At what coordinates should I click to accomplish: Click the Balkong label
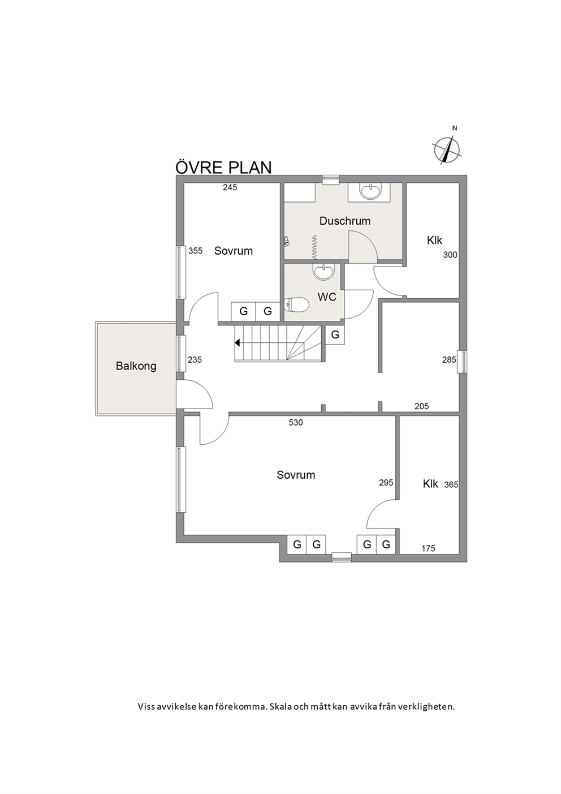(136, 366)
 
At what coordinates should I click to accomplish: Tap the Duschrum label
(345, 221)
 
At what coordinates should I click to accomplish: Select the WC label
(327, 297)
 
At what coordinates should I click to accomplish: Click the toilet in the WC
(297, 305)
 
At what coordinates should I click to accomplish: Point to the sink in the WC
(323, 273)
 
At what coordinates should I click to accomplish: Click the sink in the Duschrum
(370, 192)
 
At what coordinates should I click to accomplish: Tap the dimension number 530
(296, 423)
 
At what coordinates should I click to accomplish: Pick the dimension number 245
(230, 187)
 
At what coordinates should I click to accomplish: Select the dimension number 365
(451, 484)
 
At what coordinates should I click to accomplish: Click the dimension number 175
(428, 549)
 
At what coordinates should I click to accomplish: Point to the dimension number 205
(421, 406)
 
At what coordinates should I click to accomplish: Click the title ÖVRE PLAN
(224, 168)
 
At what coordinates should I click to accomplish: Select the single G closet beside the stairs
(335, 334)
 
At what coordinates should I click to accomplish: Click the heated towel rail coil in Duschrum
(314, 247)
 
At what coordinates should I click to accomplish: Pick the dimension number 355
(195, 251)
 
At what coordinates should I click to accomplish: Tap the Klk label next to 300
(434, 241)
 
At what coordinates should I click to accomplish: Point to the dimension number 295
(386, 483)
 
